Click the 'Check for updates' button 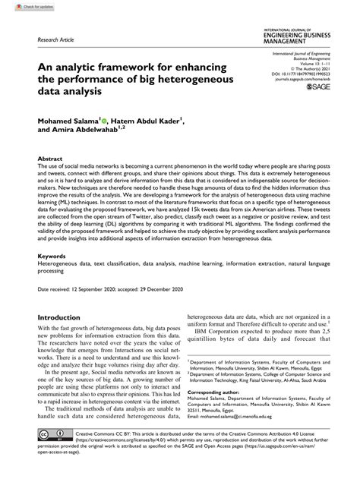[24, 6]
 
